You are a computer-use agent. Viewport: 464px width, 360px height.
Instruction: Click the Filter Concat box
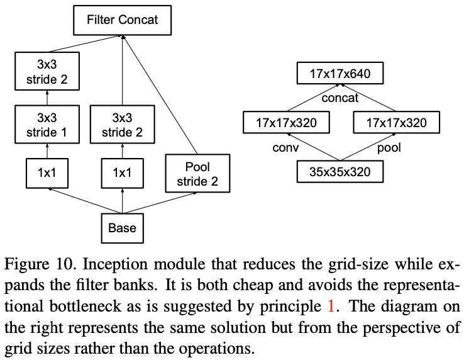(x=122, y=20)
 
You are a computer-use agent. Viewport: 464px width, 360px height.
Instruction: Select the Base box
(x=122, y=228)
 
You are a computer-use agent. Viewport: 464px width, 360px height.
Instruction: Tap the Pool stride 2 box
(x=197, y=173)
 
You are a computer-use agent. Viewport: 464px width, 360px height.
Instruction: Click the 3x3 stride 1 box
(x=47, y=125)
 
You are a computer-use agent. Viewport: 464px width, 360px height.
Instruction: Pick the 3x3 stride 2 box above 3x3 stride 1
(x=47, y=71)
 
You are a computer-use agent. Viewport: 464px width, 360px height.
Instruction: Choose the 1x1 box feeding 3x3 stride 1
(x=47, y=173)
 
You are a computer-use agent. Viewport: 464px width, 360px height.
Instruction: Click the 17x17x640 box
(x=340, y=73)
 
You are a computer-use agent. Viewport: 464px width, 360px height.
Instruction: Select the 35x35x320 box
(x=340, y=172)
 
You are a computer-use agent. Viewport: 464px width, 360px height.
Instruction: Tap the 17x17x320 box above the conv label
(x=286, y=122)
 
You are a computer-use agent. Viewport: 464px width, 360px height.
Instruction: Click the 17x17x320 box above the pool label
(x=396, y=122)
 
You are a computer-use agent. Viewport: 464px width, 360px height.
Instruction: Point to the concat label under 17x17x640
(x=340, y=98)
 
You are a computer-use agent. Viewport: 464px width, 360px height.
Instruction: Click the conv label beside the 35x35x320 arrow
(x=285, y=147)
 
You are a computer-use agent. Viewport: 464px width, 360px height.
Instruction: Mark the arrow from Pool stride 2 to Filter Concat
(x=160, y=95)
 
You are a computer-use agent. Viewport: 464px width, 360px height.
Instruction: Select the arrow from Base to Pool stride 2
(x=160, y=203)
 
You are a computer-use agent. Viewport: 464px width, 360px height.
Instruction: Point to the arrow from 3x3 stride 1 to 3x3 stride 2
(x=47, y=98)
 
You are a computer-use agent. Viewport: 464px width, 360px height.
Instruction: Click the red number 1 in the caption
(x=331, y=306)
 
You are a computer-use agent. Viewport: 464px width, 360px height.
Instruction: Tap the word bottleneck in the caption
(x=86, y=306)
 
